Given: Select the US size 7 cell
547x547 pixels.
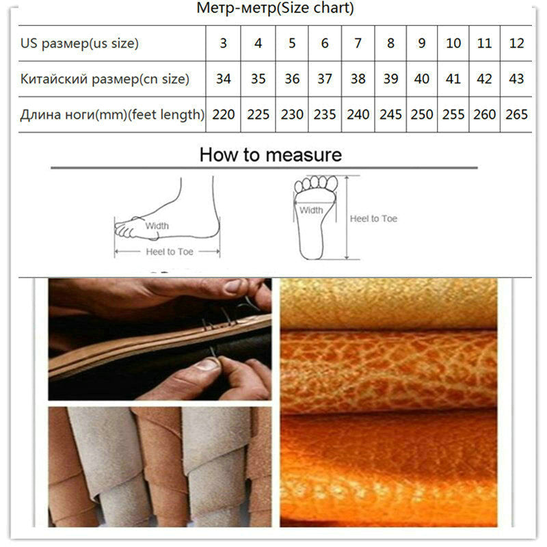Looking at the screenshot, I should [358, 43].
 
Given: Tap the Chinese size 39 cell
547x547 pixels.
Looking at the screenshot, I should [390, 79].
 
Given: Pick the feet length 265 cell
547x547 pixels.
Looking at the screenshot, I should [517, 114].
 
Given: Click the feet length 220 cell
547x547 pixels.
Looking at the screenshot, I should [224, 114].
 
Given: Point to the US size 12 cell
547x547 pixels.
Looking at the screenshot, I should [517, 43].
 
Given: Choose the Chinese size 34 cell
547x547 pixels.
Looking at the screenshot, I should [224, 79].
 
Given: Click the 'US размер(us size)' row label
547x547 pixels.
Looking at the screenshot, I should [79, 43].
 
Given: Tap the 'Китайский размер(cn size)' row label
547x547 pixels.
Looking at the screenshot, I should [104, 79].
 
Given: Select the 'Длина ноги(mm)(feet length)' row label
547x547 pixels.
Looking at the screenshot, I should [112, 114].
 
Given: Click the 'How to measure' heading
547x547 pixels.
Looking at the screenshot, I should [271, 155].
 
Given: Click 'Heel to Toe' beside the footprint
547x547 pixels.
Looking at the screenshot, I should [373, 219].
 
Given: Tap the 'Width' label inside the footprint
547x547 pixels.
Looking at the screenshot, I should [311, 211].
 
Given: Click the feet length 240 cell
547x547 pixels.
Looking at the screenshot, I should [358, 114].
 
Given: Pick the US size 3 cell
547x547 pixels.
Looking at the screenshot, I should [224, 43].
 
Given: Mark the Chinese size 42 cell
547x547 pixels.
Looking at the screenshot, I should [484, 79].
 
